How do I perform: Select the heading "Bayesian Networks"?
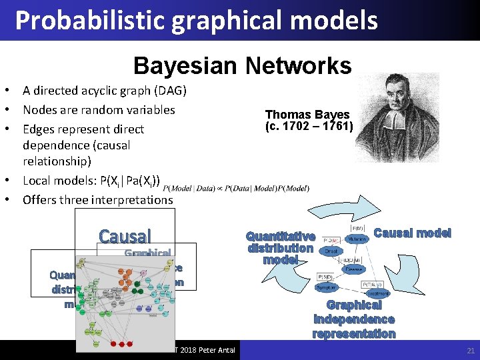tap(242, 65)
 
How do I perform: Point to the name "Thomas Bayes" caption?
tap(307, 115)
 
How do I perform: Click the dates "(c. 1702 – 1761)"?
tap(309, 126)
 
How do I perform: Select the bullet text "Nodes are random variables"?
tap(99, 109)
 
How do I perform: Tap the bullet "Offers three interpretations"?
tap(97, 199)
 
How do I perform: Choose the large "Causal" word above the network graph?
tap(125, 236)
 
